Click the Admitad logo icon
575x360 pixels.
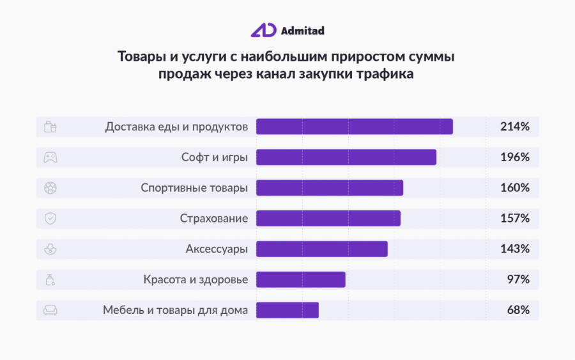pyautogui.click(x=263, y=30)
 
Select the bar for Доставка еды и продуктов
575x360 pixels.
pyautogui.click(x=354, y=127)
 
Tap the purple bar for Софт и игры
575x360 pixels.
pyautogui.click(x=346, y=157)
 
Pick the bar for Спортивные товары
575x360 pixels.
pyautogui.click(x=329, y=187)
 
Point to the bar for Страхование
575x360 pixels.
pyautogui.click(x=328, y=218)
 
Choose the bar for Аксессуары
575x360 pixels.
pyautogui.click(x=321, y=249)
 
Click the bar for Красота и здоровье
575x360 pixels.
pyautogui.click(x=300, y=279)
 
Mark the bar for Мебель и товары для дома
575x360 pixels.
pyautogui.click(x=287, y=310)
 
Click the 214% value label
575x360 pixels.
pyautogui.click(x=514, y=127)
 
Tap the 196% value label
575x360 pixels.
pyautogui.click(x=514, y=157)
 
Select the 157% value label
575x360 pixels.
pyautogui.click(x=514, y=218)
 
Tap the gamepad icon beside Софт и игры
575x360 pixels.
pyautogui.click(x=50, y=157)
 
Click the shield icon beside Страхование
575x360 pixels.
pyautogui.click(x=50, y=218)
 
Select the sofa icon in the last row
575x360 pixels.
pyautogui.click(x=50, y=310)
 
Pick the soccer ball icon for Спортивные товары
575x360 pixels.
pyautogui.click(x=50, y=187)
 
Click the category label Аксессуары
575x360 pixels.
pyautogui.click(x=217, y=249)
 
